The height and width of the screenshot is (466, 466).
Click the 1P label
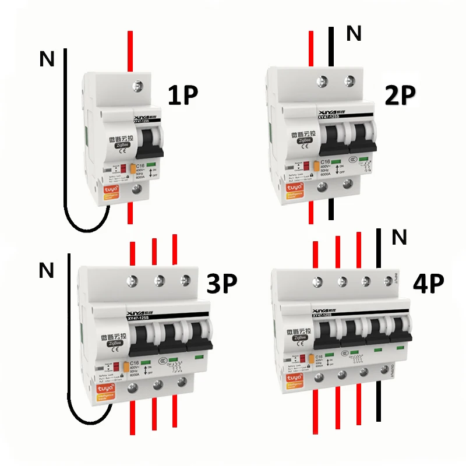pos(183,96)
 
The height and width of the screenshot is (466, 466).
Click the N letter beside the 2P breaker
pos(354,34)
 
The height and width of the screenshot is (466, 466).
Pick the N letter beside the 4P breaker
pos(399,237)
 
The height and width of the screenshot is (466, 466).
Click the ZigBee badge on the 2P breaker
pos(304,140)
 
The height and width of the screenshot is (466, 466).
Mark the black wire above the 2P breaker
pos(331,47)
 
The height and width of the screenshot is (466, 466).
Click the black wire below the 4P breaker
pos(380,402)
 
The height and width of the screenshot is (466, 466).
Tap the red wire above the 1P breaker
pos(130,50)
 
